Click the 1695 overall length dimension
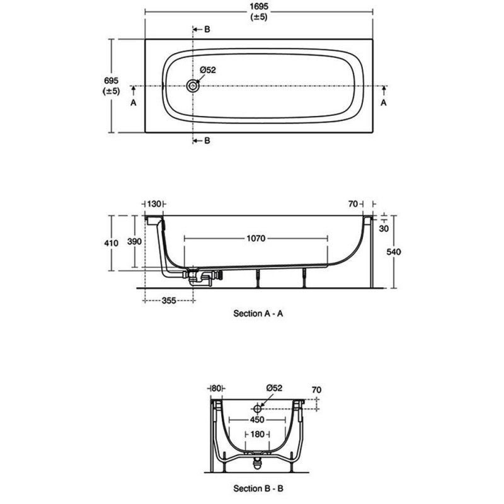click(x=259, y=6)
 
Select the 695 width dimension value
click(x=112, y=81)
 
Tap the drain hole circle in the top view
click(x=193, y=86)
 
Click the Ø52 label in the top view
click(x=208, y=70)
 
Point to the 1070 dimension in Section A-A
click(x=256, y=238)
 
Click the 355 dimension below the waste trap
click(x=169, y=301)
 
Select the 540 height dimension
click(x=393, y=251)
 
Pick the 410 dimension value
click(x=112, y=243)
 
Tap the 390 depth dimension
click(x=134, y=241)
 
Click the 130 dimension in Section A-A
click(x=154, y=203)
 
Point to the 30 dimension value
click(x=384, y=229)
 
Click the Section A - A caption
click(x=258, y=313)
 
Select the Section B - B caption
click(x=258, y=489)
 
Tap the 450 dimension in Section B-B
click(x=257, y=420)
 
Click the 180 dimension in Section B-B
click(x=257, y=434)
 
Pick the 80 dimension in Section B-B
click(x=216, y=388)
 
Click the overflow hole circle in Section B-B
click(x=257, y=409)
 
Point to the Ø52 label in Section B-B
click(x=274, y=388)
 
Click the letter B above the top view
click(x=207, y=29)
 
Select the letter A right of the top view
click(x=384, y=103)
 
